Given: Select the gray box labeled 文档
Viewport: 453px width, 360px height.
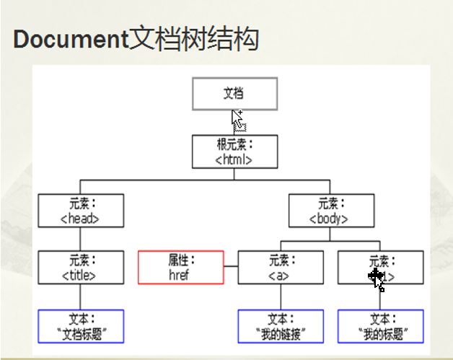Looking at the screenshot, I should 234,94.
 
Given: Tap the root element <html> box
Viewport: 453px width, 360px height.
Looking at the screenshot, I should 234,152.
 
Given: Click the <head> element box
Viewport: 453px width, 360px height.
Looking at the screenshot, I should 81,211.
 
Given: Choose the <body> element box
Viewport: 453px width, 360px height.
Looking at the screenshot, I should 331,211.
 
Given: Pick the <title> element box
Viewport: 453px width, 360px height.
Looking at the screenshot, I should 81,268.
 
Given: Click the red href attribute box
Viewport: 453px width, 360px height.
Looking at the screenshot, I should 180,268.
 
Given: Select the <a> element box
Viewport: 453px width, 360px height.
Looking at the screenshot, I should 281,268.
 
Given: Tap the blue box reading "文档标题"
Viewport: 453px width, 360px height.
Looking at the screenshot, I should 81,326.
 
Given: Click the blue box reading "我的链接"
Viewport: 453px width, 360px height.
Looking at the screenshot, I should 281,326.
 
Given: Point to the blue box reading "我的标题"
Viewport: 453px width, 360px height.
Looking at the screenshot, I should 380,326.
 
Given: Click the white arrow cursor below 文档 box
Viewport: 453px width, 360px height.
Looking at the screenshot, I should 237,118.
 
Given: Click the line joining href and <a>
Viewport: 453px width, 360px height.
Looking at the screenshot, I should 231,268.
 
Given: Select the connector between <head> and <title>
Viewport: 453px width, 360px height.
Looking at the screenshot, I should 81,240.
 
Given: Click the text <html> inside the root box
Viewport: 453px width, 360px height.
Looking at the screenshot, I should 234,159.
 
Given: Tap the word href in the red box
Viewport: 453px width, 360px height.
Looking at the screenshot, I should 180,275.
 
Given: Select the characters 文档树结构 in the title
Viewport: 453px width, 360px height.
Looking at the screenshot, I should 193,39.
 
